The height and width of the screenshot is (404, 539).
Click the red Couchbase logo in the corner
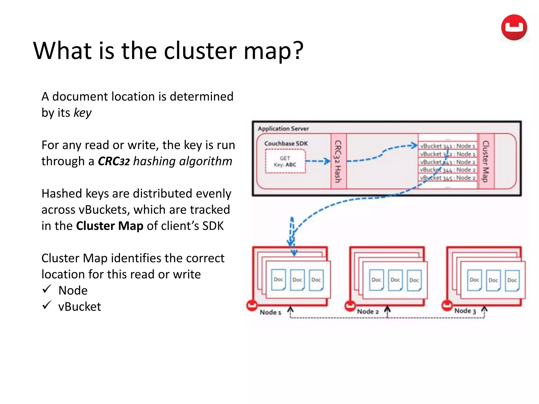514,27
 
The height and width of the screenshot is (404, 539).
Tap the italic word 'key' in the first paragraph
82,113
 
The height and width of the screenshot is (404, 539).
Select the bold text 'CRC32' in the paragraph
114,161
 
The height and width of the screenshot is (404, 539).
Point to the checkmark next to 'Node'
47,289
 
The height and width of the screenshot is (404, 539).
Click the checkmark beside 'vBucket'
47,305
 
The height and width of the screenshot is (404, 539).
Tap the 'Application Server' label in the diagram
283,129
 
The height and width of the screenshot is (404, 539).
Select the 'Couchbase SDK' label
286,144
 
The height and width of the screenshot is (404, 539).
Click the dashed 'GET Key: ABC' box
285,161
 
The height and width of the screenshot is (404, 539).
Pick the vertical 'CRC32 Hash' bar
338,161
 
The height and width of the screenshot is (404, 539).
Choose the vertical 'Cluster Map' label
486,161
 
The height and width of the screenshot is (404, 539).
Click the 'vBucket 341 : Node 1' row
447,146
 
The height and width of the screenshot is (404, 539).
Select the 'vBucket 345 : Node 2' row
447,178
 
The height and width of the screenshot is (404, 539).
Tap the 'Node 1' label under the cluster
271,312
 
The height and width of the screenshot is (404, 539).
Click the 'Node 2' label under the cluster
368,312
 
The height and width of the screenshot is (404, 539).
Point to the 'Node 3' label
465,311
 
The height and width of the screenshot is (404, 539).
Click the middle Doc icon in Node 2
395,280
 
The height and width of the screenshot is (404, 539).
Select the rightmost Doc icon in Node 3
512,280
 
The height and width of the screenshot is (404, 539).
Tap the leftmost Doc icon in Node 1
278,280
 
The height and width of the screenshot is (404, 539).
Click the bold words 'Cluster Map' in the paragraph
109,226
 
